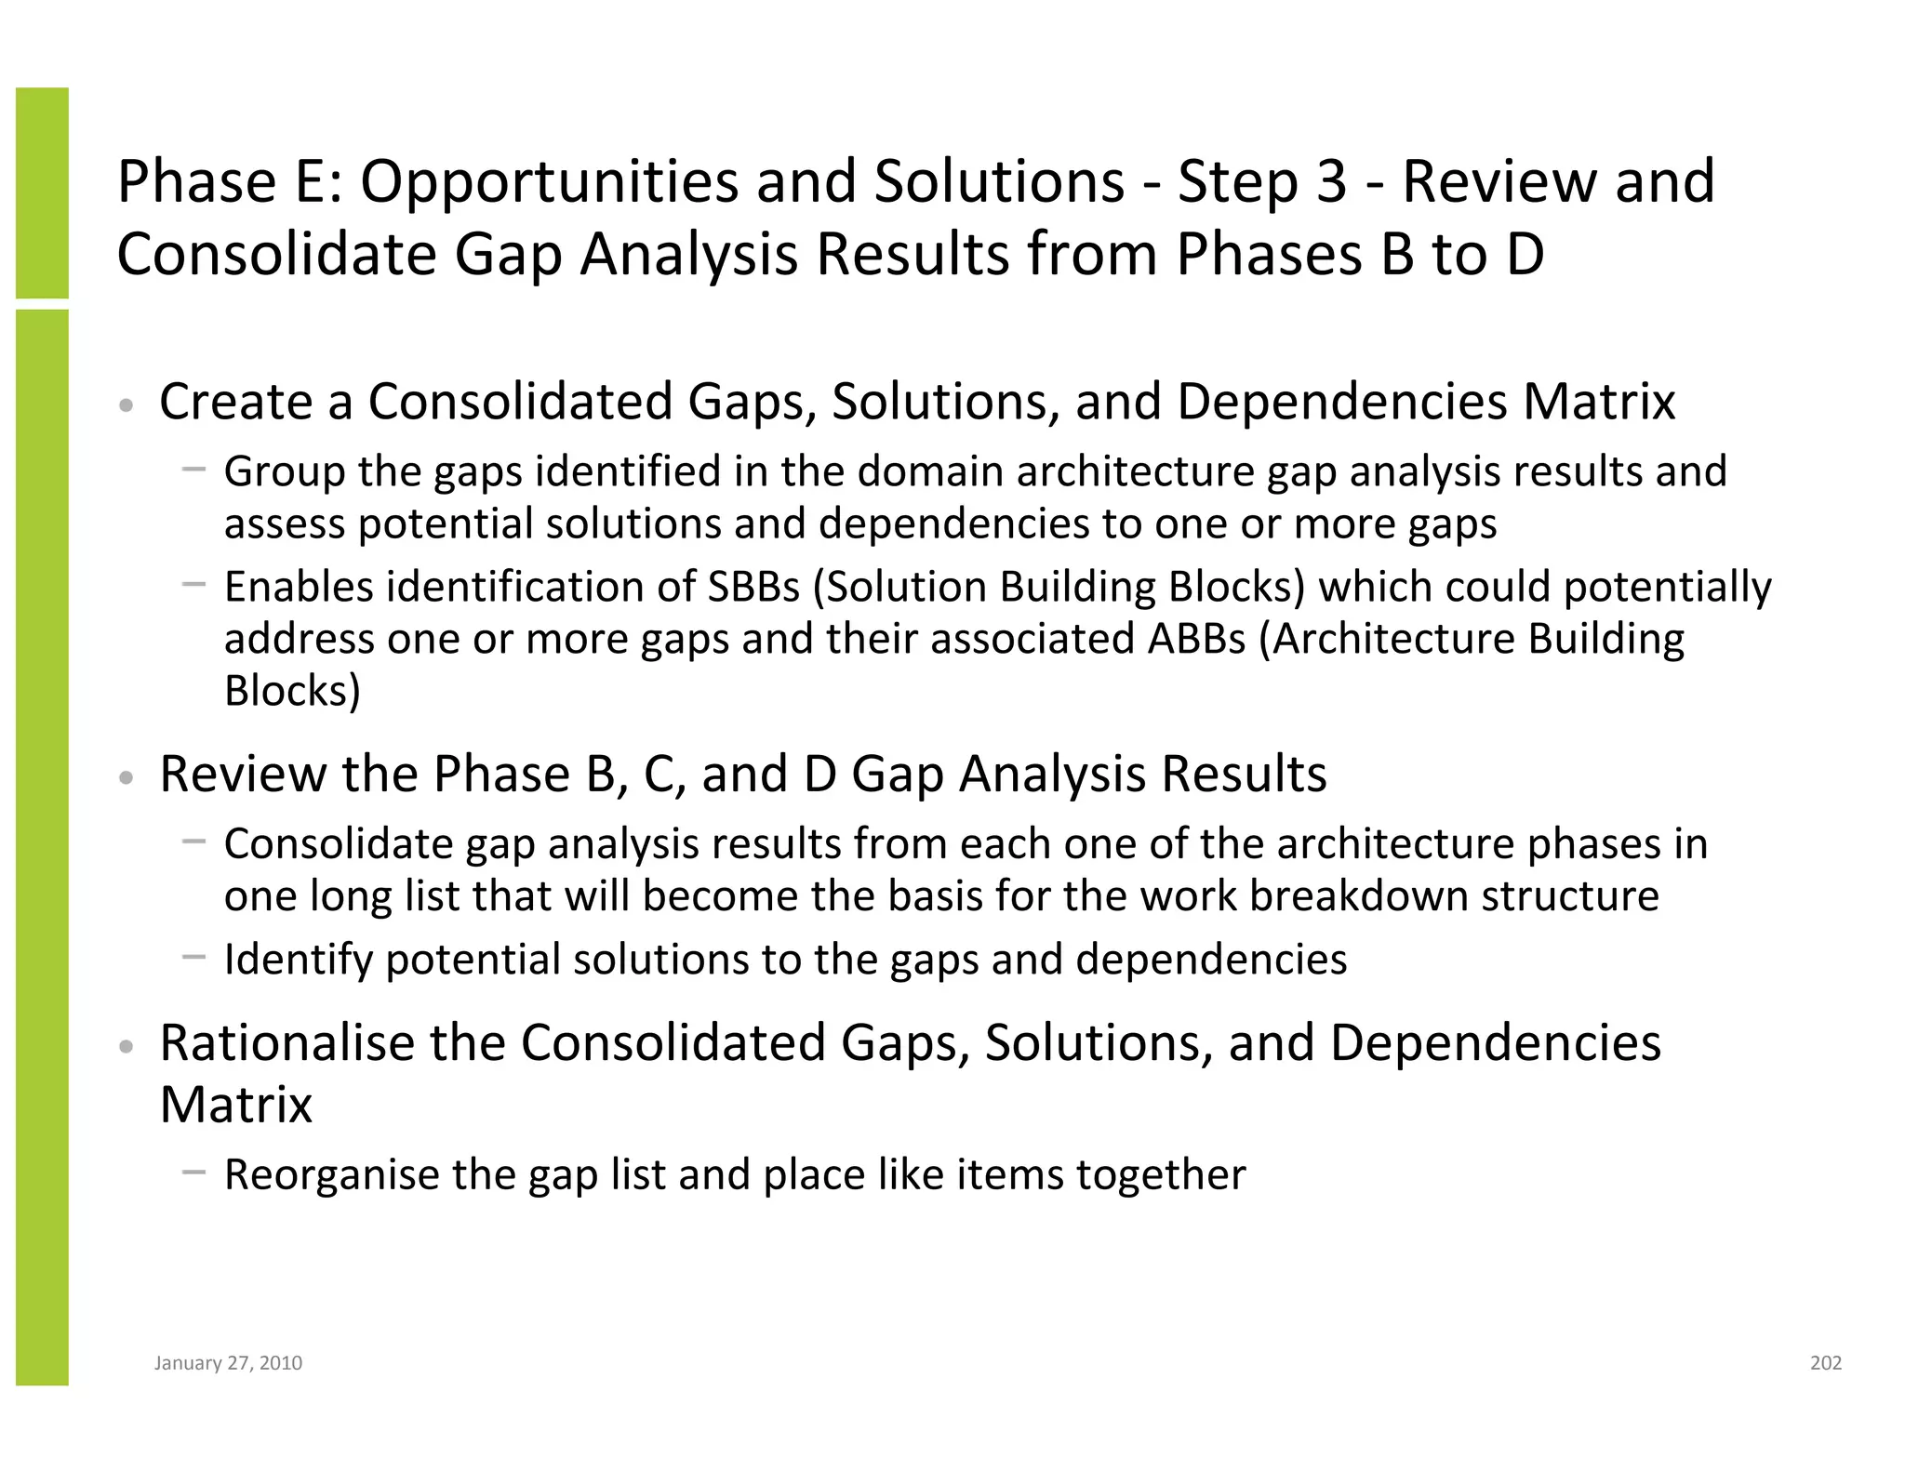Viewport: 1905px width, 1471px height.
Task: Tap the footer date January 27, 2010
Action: click(228, 1363)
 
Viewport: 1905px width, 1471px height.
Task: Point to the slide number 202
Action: click(1825, 1363)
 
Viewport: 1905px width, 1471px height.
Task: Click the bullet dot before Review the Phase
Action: click(127, 777)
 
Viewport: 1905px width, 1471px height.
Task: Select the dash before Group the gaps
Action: click(193, 470)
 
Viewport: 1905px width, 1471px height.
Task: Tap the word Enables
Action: click(299, 587)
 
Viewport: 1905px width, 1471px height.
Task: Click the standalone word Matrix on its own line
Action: click(235, 1105)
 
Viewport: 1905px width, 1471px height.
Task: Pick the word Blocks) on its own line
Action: click(292, 691)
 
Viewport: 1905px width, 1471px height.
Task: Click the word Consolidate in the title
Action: click(277, 254)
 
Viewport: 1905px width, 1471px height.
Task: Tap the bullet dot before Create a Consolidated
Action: click(127, 405)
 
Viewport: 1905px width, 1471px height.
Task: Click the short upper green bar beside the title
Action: click(42, 192)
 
